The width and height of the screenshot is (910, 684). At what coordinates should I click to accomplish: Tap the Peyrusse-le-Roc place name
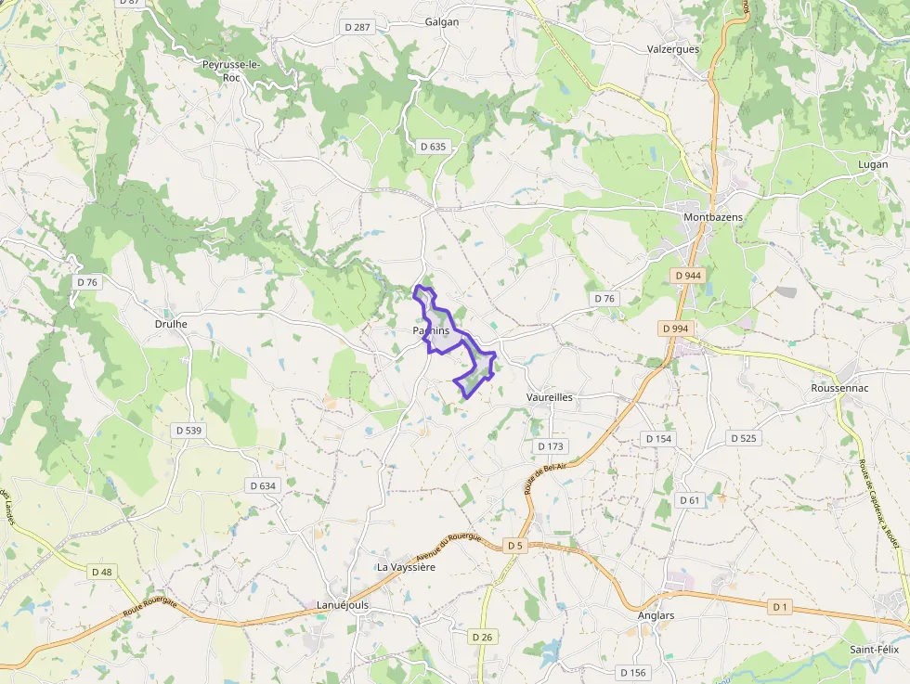click(231, 71)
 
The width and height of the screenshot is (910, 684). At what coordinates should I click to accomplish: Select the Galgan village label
click(442, 21)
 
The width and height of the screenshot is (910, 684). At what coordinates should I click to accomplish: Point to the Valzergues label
click(672, 49)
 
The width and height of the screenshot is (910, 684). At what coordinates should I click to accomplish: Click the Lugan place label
click(874, 164)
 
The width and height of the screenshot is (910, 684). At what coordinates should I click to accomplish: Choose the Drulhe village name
click(171, 324)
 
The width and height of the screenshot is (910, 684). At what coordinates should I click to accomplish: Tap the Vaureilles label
click(549, 396)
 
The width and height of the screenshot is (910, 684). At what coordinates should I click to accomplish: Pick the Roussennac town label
click(839, 388)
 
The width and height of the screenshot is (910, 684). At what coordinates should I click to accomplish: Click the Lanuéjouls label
click(343, 605)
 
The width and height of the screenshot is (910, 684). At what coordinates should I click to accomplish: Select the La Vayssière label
click(406, 566)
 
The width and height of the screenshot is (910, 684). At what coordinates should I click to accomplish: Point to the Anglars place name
click(656, 615)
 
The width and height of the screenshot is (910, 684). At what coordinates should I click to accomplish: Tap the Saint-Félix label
click(875, 650)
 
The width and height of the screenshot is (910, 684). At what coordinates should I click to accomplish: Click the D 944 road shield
click(688, 276)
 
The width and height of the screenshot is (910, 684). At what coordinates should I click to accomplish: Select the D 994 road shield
click(676, 329)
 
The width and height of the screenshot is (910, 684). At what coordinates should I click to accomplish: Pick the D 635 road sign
click(433, 147)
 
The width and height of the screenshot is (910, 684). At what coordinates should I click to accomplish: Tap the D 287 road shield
click(356, 27)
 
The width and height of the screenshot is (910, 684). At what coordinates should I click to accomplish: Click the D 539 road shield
click(188, 431)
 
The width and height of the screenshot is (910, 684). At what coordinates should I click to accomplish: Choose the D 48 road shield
click(101, 572)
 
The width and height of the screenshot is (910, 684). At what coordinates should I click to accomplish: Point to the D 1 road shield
click(780, 606)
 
